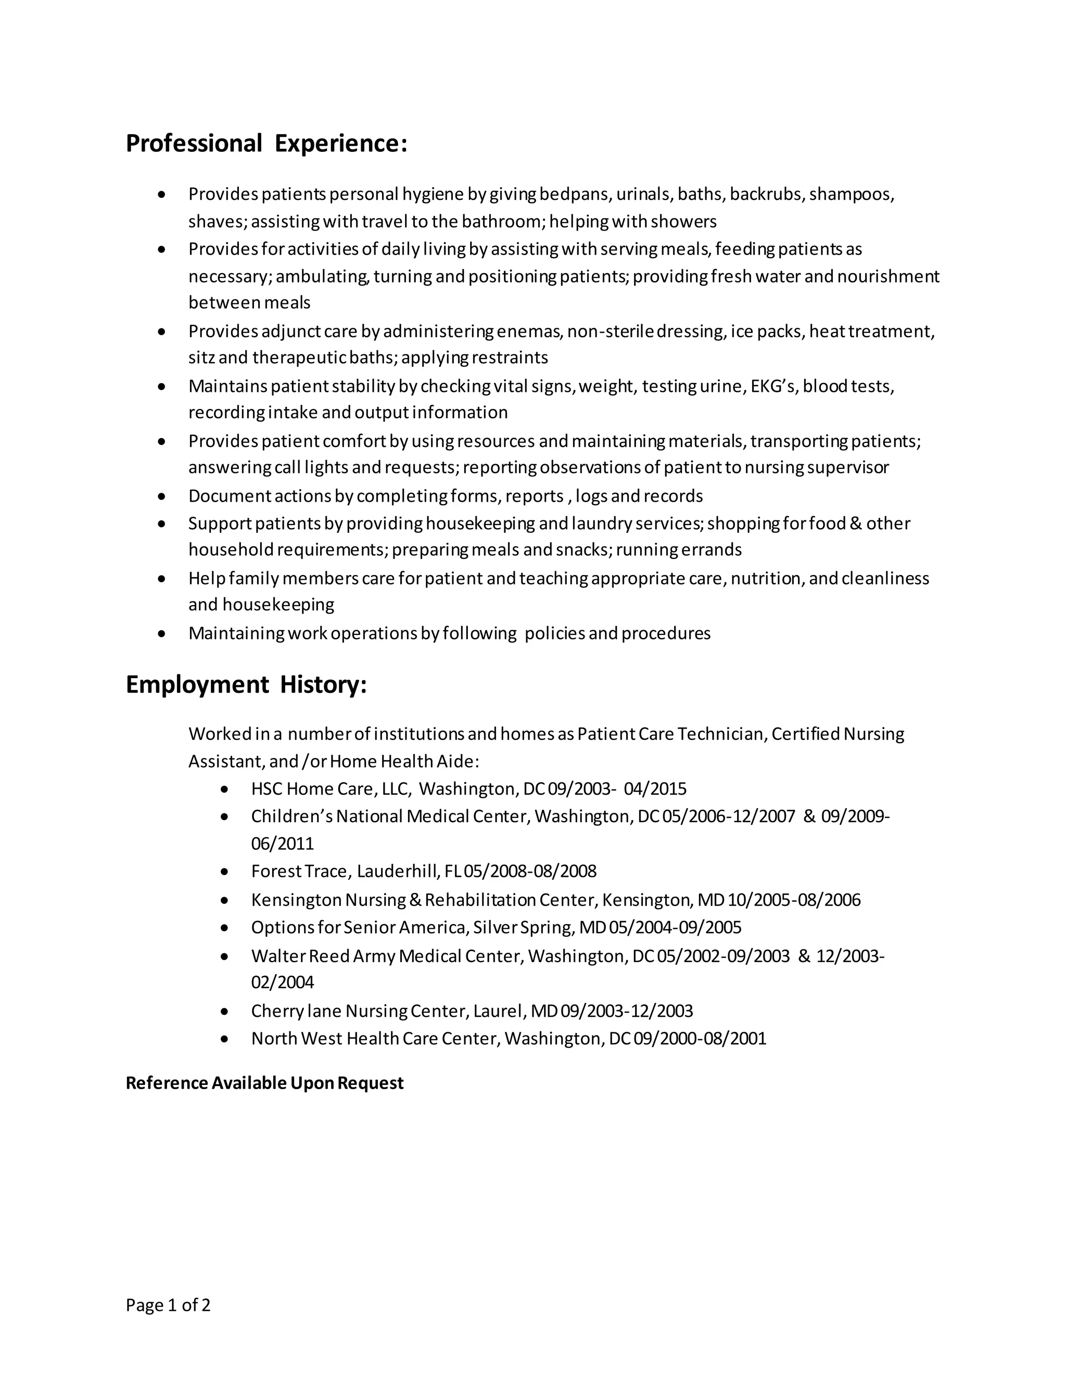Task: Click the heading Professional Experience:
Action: [266, 143]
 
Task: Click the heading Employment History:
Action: [246, 684]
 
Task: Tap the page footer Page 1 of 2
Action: [168, 1305]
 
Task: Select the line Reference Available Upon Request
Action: [264, 1083]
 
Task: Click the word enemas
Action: [529, 331]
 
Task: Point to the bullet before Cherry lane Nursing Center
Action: [225, 1012]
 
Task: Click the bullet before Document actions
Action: [162, 496]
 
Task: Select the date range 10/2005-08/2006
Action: [794, 900]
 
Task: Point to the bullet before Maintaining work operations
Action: [162, 633]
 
